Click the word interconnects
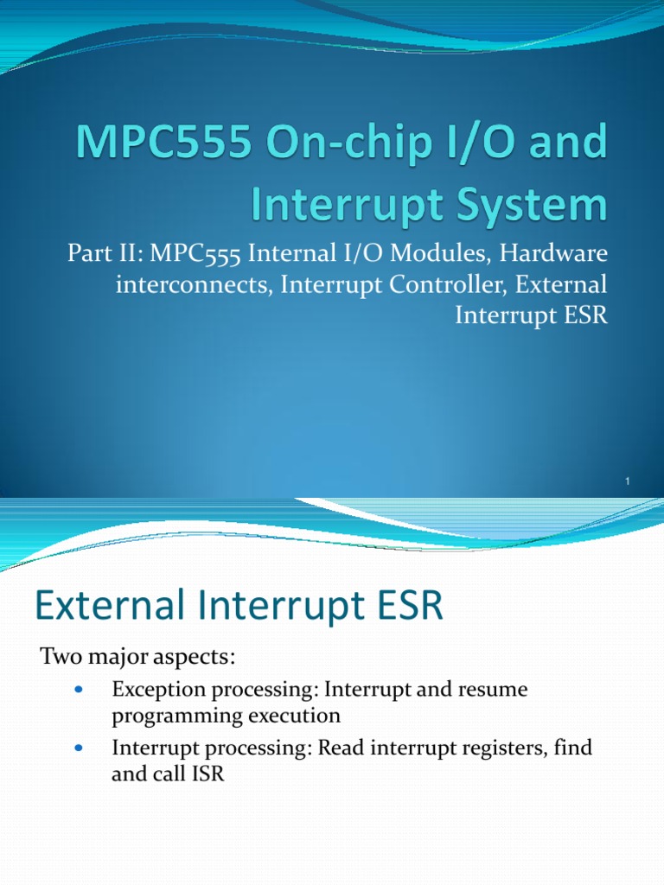(x=191, y=285)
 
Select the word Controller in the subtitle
(x=456, y=285)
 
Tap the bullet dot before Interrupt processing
(x=80, y=748)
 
